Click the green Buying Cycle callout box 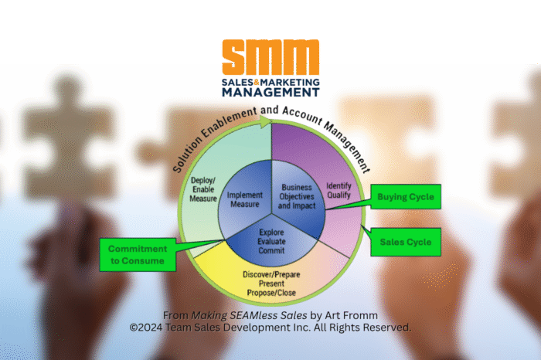click(x=405, y=197)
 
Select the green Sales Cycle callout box click(x=405, y=242)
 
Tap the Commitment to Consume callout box click(x=136, y=254)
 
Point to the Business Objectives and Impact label click(x=297, y=196)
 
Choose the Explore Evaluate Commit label click(x=270, y=239)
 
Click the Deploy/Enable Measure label click(x=203, y=190)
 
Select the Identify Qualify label click(x=339, y=191)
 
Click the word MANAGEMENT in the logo click(x=270, y=91)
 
